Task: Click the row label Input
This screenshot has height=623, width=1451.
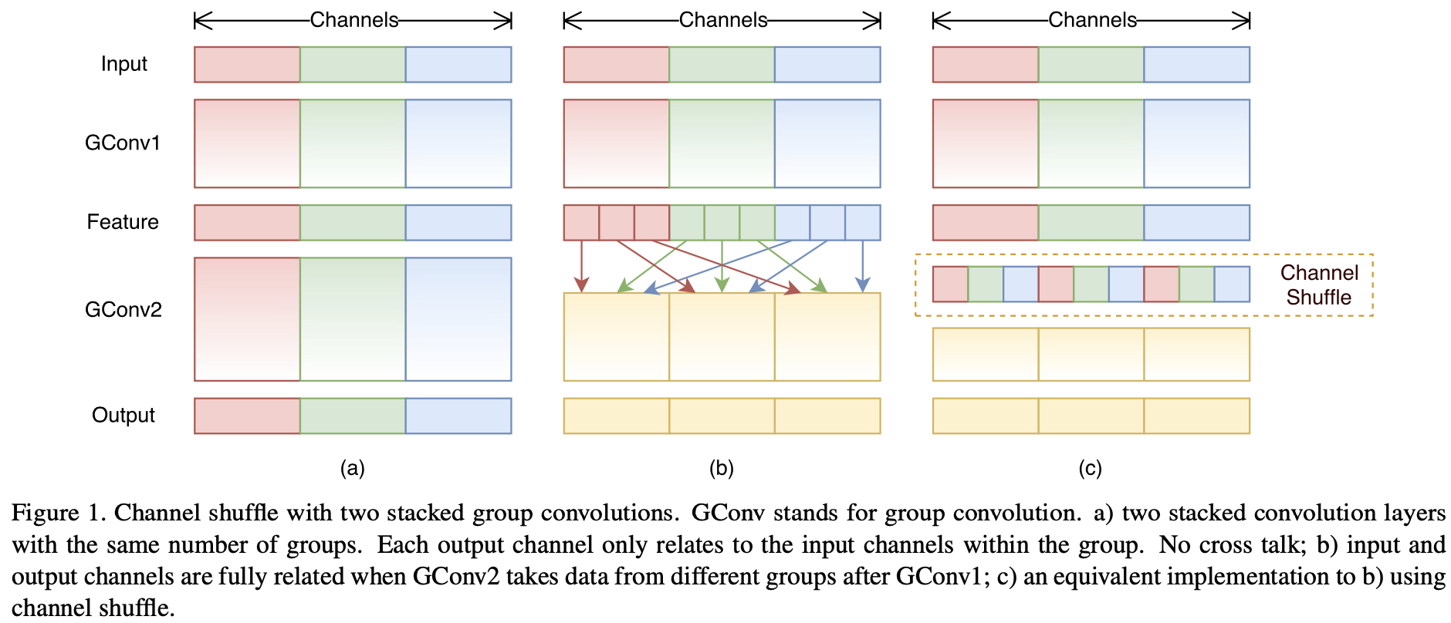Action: coord(123,64)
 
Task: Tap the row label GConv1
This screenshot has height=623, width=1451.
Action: coord(123,143)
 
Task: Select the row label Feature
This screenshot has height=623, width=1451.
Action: coord(123,222)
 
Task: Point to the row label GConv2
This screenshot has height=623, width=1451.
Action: coord(123,310)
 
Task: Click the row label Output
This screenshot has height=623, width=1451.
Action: coord(123,416)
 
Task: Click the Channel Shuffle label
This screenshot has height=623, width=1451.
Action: coord(1319,285)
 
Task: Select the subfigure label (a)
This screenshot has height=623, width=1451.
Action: coord(352,468)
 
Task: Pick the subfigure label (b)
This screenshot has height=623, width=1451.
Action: coord(722,468)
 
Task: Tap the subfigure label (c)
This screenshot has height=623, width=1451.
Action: coord(1090,468)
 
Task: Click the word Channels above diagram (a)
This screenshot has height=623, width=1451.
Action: coord(354,20)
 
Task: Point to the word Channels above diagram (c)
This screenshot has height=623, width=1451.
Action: coord(1092,20)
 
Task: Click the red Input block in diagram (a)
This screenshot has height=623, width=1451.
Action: coord(247,65)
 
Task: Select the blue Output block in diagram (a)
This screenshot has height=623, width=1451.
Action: coord(458,416)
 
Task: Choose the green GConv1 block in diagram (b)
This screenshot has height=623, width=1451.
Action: coord(722,143)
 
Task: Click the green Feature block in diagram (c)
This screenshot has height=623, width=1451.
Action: coord(1091,223)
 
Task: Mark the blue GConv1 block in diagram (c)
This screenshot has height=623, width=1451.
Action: coord(1197,143)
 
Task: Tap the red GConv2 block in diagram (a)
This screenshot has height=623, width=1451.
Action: coord(247,319)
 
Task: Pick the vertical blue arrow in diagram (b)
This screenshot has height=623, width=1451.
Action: coord(863,267)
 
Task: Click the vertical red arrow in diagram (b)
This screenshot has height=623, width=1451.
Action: coord(582,267)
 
